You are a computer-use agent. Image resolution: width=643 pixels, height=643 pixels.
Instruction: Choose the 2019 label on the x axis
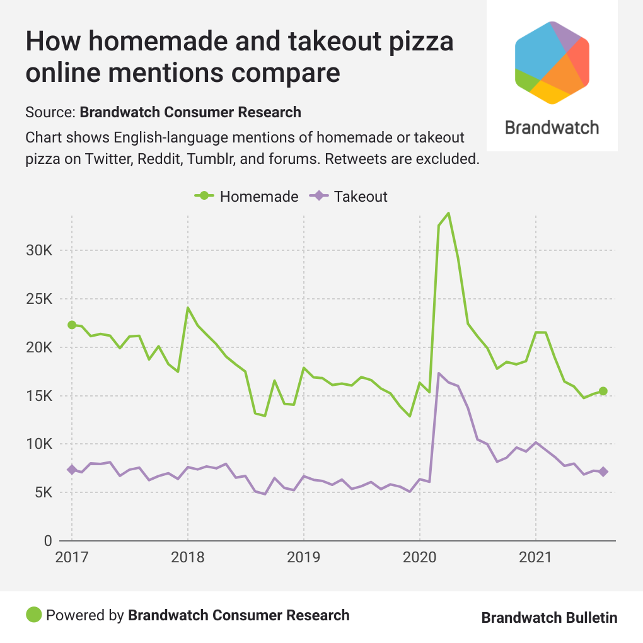click(304, 558)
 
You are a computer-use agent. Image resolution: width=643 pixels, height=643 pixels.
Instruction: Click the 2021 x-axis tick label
click(536, 558)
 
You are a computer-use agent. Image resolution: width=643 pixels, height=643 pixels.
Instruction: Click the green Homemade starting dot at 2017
click(72, 325)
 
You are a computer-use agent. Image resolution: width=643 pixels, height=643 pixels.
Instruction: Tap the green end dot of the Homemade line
click(603, 391)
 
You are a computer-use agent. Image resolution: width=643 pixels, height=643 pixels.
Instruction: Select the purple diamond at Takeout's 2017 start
click(72, 470)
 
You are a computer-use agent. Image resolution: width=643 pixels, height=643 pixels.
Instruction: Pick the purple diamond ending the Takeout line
click(603, 472)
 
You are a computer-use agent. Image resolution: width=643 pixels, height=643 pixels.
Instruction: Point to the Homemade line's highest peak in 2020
click(448, 213)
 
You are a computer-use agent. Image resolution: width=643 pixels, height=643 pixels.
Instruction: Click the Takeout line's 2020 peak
click(439, 373)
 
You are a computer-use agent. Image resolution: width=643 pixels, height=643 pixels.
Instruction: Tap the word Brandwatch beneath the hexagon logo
click(552, 127)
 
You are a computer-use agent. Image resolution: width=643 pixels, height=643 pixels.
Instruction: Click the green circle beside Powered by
click(33, 615)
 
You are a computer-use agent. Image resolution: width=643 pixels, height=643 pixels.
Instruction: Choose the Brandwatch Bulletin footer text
click(549, 617)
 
